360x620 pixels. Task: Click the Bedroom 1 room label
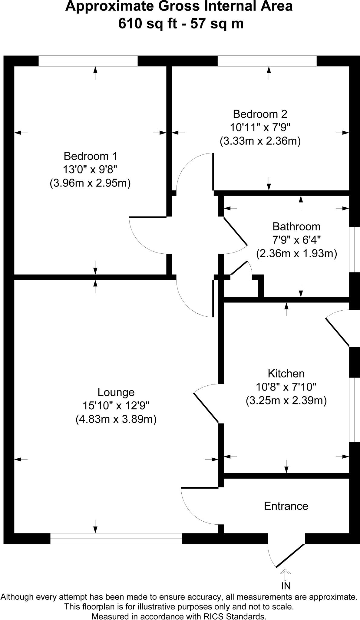pyautogui.click(x=90, y=156)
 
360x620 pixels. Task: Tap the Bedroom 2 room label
pyautogui.click(x=260, y=114)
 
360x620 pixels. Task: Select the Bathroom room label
pyautogui.click(x=296, y=226)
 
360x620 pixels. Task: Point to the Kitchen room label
pyautogui.click(x=286, y=374)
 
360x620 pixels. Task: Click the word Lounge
pyautogui.click(x=116, y=392)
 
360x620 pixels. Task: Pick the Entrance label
pyautogui.click(x=286, y=506)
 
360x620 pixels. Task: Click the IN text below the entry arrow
pyautogui.click(x=286, y=586)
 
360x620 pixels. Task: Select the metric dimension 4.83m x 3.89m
pyautogui.click(x=116, y=419)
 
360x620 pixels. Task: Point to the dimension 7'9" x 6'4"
pyautogui.click(x=296, y=240)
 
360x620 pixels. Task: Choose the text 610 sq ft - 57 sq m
pyautogui.click(x=181, y=24)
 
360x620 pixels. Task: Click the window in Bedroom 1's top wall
pyautogui.click(x=88, y=61)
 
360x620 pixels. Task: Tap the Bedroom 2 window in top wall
pyautogui.click(x=267, y=61)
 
